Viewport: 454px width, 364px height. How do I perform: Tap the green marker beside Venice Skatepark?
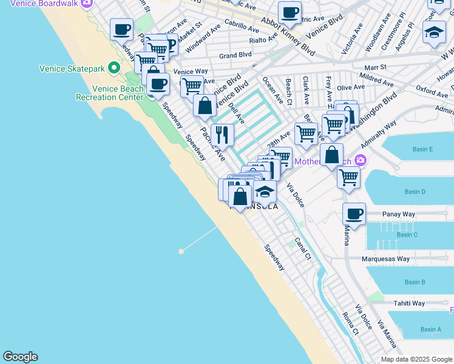113,67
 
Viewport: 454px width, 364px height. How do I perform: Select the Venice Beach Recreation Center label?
109,93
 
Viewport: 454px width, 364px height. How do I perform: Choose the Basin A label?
431,329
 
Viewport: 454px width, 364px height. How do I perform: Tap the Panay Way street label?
399,214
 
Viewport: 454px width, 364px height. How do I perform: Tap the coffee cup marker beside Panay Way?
354,214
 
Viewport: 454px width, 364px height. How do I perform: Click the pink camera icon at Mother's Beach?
361,161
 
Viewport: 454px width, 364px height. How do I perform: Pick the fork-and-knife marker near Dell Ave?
223,135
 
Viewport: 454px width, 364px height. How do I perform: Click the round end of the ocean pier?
181,251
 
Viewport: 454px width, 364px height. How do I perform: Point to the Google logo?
20,357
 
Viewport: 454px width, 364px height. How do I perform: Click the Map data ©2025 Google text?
416,359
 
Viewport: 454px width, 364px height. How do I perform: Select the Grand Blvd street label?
235,55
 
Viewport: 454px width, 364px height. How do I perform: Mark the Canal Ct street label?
303,249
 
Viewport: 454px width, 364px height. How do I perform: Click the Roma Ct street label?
351,323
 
